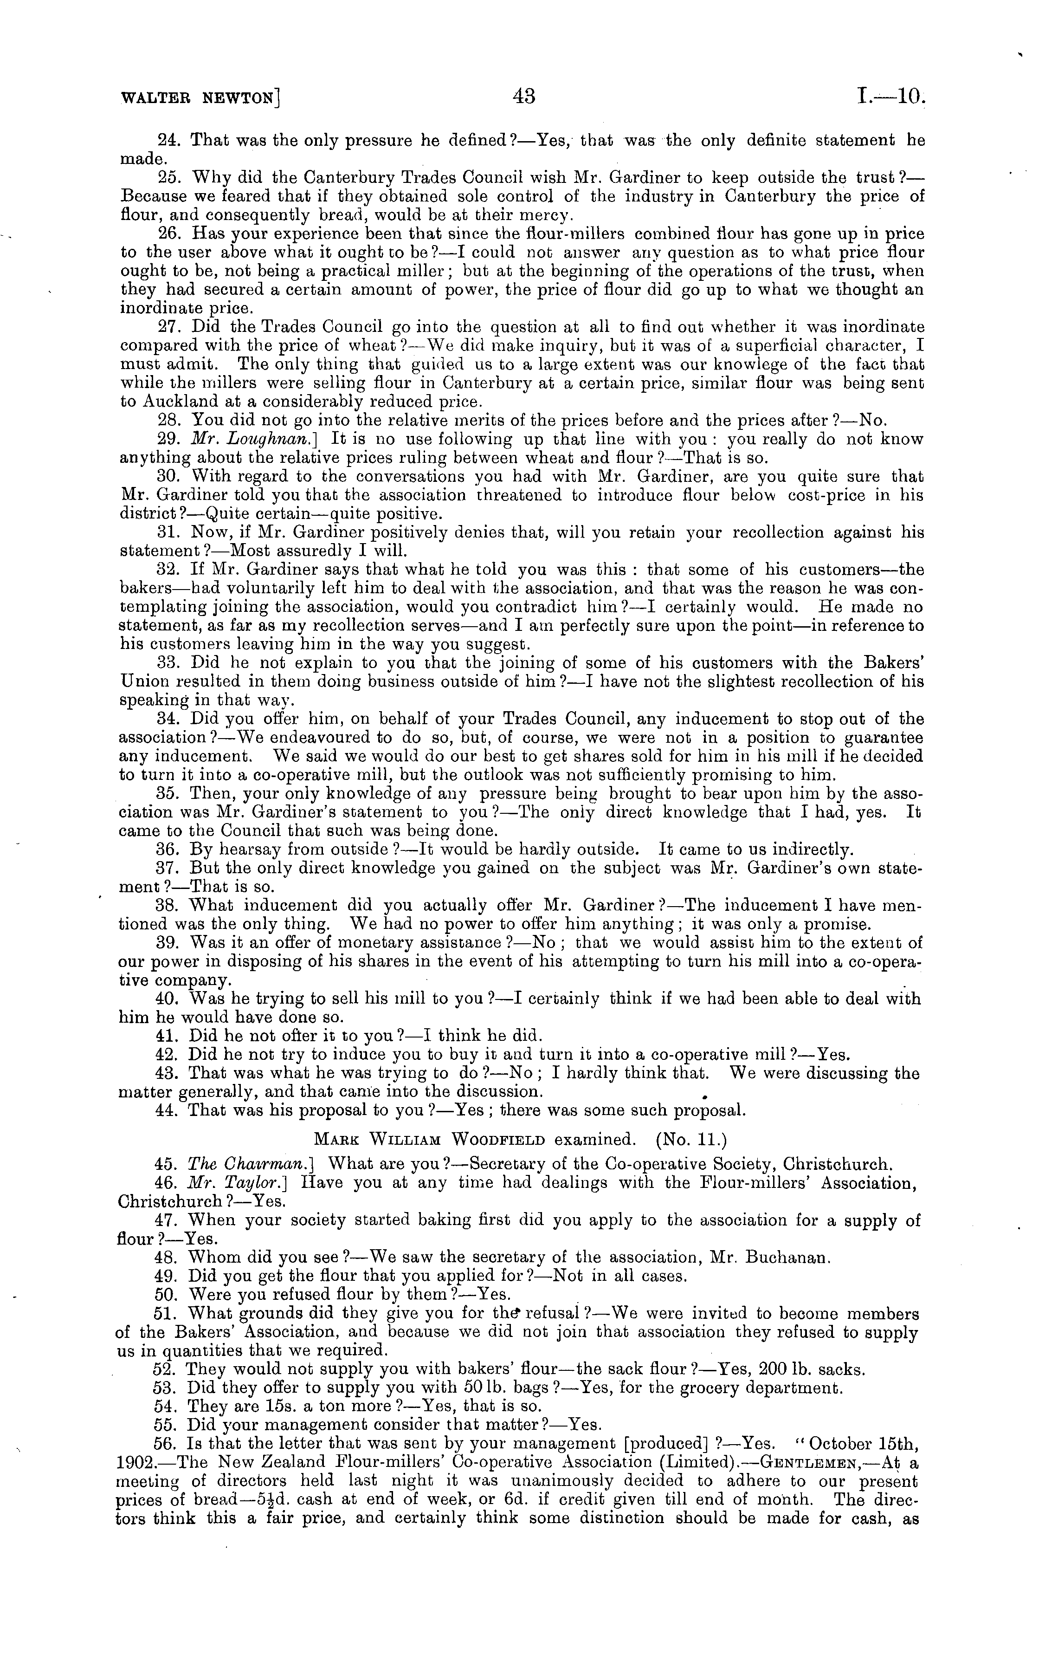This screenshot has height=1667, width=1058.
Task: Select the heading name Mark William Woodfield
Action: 429,1139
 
